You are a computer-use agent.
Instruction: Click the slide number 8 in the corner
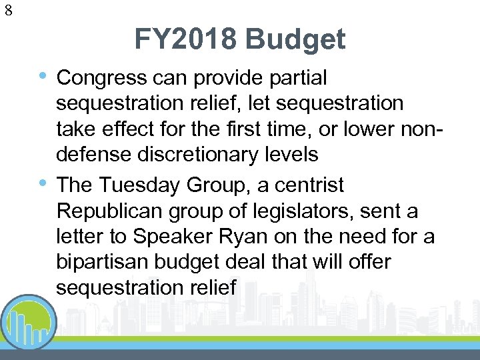(8, 10)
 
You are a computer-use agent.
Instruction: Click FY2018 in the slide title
(185, 40)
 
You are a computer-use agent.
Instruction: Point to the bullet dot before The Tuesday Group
(44, 181)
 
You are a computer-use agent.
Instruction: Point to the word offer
(367, 262)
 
